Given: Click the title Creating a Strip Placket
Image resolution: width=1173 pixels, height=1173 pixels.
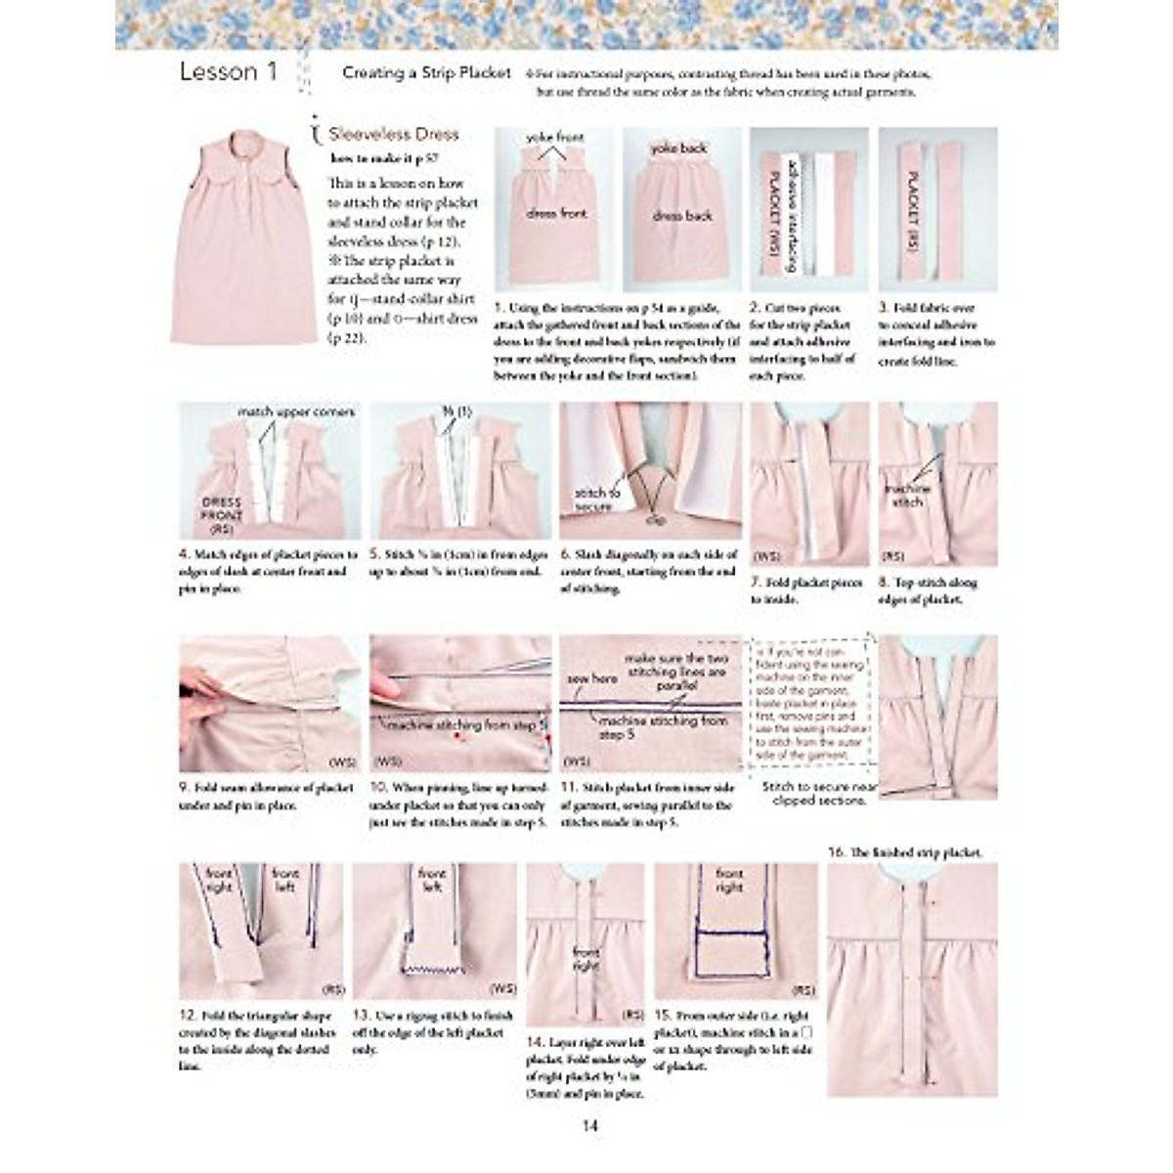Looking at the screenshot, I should [426, 73].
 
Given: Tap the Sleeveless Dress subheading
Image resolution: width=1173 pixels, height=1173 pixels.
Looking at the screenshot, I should [393, 134].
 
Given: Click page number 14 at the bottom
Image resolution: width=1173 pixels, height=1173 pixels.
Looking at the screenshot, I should [589, 1125].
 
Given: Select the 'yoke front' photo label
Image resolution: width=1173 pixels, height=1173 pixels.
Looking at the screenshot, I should [554, 139].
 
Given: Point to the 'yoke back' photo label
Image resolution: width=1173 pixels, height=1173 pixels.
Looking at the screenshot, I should [679, 149].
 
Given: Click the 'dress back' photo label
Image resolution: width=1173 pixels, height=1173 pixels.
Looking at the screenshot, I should [681, 216].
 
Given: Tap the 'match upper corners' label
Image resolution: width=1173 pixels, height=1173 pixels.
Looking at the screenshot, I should [295, 413].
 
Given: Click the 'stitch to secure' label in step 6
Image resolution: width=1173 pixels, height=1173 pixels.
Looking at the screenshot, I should [596, 499].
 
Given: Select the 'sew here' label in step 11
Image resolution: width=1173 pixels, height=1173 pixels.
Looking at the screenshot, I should [591, 677].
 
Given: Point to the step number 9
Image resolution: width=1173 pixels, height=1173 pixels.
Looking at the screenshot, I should [184, 788].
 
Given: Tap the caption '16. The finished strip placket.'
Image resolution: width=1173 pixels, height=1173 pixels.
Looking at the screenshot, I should [904, 852].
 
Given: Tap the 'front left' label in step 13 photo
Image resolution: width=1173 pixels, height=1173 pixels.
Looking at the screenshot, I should [431, 880].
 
